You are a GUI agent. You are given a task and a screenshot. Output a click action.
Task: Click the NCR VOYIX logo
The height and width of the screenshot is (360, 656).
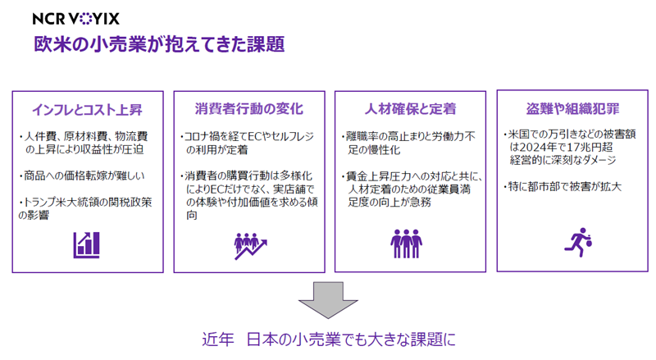tap(75, 18)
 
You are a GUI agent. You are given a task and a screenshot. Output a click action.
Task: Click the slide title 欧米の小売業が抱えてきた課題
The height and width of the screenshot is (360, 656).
tap(159, 44)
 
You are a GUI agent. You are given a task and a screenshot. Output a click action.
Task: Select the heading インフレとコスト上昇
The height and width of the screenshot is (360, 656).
tap(88, 110)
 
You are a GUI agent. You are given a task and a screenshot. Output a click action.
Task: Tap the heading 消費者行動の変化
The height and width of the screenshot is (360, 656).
tap(249, 109)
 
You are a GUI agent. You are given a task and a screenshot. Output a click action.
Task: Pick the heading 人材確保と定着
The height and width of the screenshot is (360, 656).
tap(410, 109)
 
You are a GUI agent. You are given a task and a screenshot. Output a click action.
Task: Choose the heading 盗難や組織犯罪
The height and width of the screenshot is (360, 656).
tap(572, 109)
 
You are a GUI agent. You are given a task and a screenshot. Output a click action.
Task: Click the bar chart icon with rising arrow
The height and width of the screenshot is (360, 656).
tap(87, 245)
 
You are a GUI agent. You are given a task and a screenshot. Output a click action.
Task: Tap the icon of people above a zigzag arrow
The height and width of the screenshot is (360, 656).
tap(250, 246)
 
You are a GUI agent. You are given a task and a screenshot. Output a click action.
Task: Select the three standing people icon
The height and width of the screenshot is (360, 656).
tap(406, 244)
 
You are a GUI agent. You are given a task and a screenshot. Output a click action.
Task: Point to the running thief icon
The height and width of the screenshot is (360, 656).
tap(578, 243)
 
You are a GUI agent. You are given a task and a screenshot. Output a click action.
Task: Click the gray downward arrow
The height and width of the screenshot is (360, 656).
tap(328, 299)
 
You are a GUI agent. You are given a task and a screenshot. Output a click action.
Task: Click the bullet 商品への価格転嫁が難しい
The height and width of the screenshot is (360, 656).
tap(82, 175)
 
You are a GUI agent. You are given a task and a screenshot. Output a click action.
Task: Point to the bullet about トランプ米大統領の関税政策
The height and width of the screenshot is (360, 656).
tap(85, 208)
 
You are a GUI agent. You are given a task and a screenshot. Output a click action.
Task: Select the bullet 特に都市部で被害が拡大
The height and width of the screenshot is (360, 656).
tap(563, 186)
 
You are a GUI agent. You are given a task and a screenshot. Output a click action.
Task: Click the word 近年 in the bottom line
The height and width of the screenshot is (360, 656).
tap(217, 339)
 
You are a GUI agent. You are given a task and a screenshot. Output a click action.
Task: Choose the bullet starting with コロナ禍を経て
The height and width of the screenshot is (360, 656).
tap(248, 143)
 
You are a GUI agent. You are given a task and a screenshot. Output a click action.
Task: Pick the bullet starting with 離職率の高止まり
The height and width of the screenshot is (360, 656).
tap(408, 143)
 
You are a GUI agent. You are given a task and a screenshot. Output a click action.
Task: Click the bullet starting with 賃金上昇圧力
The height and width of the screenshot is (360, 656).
tap(412, 189)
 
